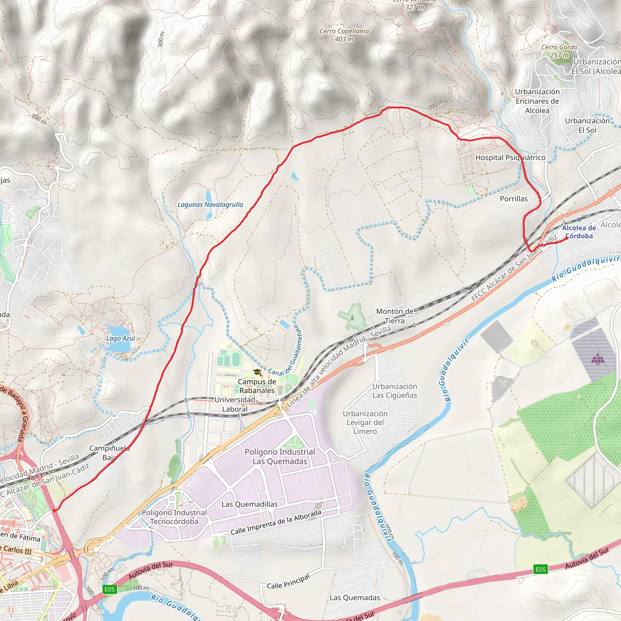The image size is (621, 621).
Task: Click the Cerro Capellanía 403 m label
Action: coord(344,35)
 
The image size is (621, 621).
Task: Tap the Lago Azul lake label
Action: coord(121,338)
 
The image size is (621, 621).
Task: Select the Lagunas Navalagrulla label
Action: coord(210,205)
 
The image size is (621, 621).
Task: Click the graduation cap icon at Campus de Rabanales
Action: coord(257,372)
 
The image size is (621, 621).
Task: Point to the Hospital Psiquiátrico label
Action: coord(510,157)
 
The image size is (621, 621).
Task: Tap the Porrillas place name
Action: coord(514,199)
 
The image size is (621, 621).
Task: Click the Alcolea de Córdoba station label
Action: coord(579,232)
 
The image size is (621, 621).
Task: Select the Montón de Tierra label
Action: coord(395,316)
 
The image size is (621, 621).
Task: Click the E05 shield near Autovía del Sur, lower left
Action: coord(109,589)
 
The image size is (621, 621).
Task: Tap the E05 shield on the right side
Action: coord(540,569)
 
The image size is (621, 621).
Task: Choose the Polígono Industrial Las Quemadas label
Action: coord(280,456)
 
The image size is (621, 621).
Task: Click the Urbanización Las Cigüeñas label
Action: coord(395,391)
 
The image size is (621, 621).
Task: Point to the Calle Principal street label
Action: coord(288,581)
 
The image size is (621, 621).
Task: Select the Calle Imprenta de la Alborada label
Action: coord(276,523)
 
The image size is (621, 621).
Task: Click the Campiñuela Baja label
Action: coord(109,453)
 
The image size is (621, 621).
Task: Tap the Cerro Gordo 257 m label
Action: coord(559,51)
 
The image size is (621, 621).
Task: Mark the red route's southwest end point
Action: coord(54,510)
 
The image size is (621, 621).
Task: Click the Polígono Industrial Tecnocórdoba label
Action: coord(174,517)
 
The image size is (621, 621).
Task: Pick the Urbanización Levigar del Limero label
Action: coord(365,422)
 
